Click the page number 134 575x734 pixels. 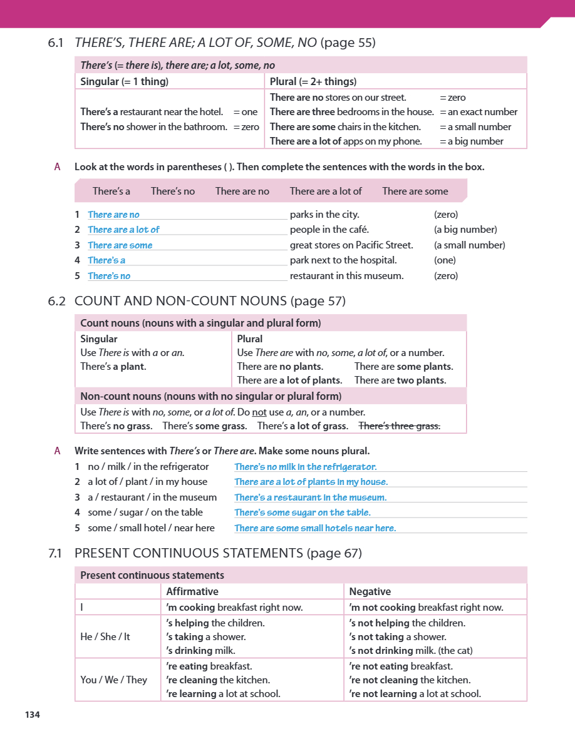tap(33, 715)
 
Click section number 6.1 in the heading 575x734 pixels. tap(56, 43)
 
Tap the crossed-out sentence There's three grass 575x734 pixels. tap(399, 426)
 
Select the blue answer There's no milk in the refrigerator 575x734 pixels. tap(305, 467)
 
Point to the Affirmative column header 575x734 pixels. tap(192, 591)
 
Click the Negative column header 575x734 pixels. tap(370, 591)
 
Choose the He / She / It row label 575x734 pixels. tap(105, 636)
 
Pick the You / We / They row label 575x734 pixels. tap(113, 680)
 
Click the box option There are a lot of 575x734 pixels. tap(326, 191)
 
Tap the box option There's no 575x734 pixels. tap(173, 191)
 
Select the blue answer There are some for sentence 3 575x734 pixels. tap(120, 245)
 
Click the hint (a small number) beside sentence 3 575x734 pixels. tap(469, 245)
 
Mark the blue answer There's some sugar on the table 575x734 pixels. tap(303, 512)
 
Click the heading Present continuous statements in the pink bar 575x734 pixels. tap(152, 575)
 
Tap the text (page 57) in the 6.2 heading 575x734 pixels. tap(318, 301)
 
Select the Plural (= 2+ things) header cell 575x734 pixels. tap(313, 81)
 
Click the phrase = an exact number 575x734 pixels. tap(479, 112)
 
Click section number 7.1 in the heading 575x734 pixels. tap(56, 553)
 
